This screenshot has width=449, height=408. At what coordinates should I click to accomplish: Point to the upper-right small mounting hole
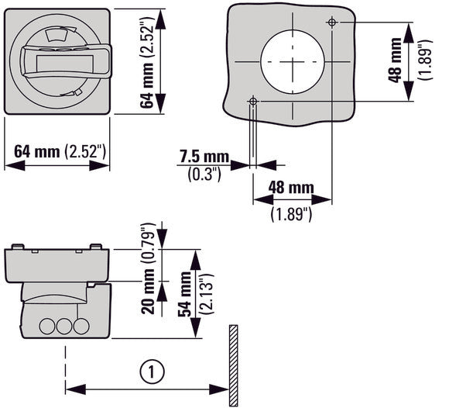click(x=331, y=22)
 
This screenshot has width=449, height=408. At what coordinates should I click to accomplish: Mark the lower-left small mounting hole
click(x=254, y=100)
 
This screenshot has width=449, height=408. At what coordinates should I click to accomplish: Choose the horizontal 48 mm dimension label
click(x=291, y=187)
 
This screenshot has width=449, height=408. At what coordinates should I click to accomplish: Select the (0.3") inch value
click(x=204, y=174)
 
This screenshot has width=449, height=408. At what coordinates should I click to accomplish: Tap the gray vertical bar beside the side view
click(x=231, y=365)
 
